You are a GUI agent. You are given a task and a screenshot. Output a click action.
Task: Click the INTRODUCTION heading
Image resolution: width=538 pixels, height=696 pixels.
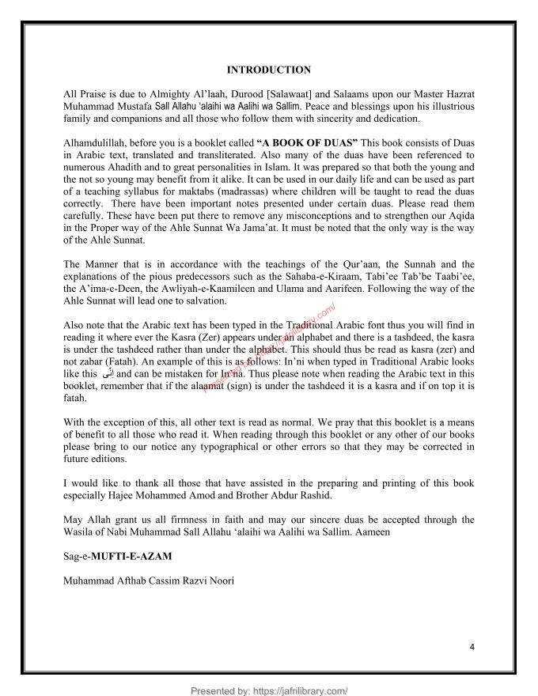tap(268, 70)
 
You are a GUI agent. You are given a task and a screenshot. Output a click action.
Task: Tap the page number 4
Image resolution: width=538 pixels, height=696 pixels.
tap(472, 646)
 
